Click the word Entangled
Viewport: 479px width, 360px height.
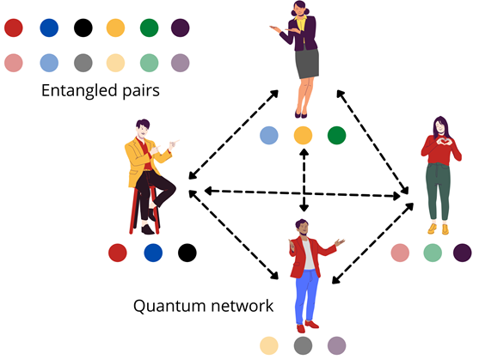(79, 90)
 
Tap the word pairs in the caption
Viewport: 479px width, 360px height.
(141, 91)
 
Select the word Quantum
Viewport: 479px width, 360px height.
(169, 306)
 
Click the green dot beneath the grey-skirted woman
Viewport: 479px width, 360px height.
(336, 135)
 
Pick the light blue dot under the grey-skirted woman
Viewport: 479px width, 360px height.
(269, 135)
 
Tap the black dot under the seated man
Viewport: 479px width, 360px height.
(187, 253)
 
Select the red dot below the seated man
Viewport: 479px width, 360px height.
(118, 253)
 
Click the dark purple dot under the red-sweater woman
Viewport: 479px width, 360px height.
(462, 253)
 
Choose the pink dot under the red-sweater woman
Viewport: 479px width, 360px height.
(400, 253)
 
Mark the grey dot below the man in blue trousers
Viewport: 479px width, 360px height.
(303, 345)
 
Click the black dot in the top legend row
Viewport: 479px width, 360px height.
(83, 27)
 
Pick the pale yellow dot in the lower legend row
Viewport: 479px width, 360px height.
(115, 63)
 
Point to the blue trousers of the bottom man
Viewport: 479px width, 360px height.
(306, 296)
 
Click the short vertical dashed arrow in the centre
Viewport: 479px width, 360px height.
(304, 180)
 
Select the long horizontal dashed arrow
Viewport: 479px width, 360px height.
(303, 193)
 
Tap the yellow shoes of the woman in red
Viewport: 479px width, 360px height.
(438, 229)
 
